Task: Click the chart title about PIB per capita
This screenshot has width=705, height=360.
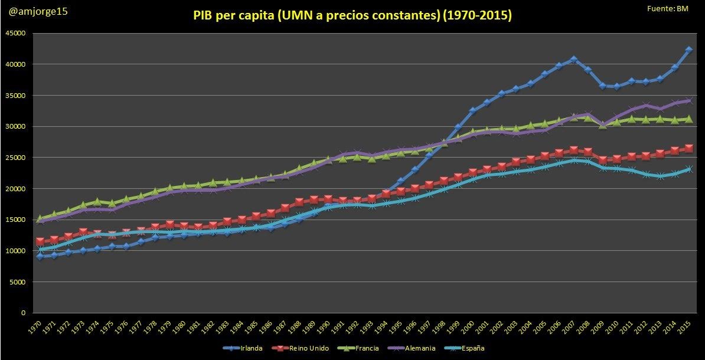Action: (x=352, y=16)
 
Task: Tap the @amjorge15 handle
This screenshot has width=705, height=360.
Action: (x=35, y=11)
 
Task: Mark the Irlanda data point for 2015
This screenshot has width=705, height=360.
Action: (x=688, y=50)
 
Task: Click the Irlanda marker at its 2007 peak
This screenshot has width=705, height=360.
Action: (x=573, y=59)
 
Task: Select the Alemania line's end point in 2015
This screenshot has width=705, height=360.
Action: (x=688, y=100)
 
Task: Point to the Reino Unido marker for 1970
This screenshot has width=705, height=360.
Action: (x=40, y=241)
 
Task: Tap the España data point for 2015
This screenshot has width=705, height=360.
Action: (x=688, y=169)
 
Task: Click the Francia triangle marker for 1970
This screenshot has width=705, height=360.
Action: (x=40, y=219)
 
